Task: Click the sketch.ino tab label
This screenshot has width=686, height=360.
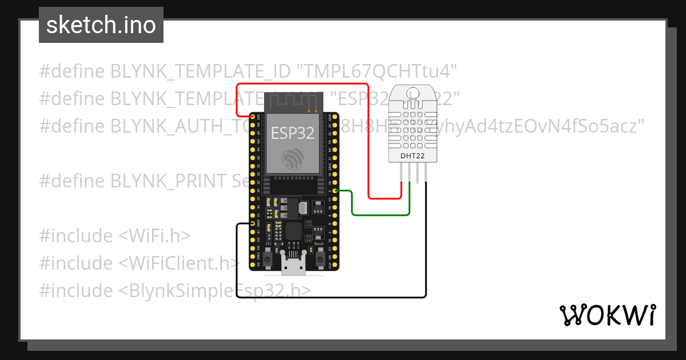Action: coord(101,25)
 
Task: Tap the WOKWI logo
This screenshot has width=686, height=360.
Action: coord(607,314)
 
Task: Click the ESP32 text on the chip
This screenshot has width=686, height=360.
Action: coord(292,133)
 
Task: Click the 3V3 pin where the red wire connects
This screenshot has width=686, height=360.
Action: coord(253,117)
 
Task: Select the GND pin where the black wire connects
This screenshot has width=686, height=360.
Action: coord(253,224)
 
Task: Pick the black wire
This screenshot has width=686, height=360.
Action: coord(332,297)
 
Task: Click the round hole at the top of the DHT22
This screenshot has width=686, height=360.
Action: coord(410,93)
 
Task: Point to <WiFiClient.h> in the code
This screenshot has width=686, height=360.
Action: coord(179,263)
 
